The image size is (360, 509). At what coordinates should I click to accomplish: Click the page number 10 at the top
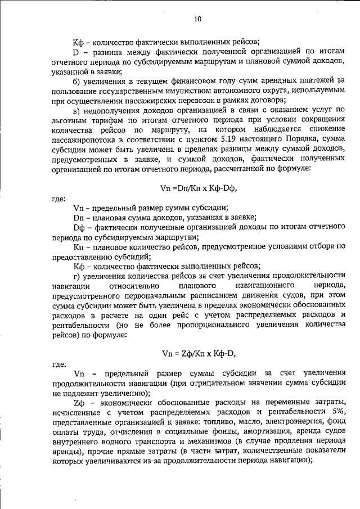[x=197, y=19]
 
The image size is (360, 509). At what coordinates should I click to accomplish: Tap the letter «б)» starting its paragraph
[x=79, y=82]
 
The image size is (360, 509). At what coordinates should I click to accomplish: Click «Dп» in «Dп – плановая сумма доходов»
[x=79, y=217]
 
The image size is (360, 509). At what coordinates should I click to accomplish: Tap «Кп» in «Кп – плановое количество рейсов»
[x=79, y=246]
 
